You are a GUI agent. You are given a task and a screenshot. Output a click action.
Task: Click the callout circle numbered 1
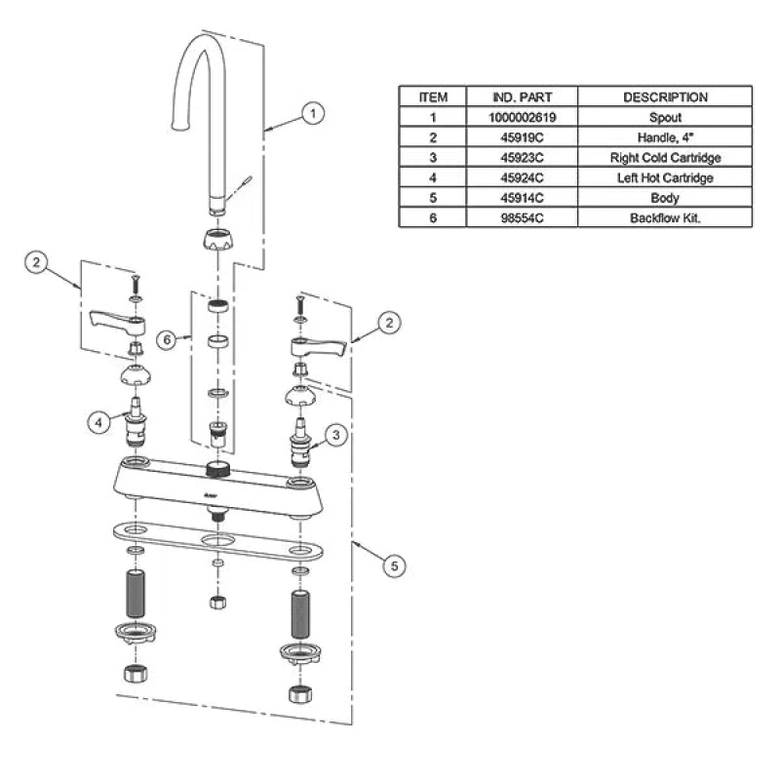tap(313, 113)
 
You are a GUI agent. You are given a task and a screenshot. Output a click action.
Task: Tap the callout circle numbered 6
tap(167, 339)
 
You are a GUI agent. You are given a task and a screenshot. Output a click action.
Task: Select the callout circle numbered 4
tap(98, 422)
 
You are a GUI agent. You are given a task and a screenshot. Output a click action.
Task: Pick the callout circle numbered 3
tap(335, 435)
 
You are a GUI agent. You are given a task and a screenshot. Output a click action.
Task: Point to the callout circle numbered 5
tap(394, 566)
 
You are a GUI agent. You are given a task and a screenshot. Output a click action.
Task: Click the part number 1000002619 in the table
tap(522, 117)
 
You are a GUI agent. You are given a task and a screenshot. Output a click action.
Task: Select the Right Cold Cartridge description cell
tap(665, 158)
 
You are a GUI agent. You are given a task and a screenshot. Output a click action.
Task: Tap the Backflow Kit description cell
tap(665, 217)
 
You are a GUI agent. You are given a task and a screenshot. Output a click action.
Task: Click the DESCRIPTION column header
tap(665, 97)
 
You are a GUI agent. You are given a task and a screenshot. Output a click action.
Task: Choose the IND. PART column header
tap(522, 97)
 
